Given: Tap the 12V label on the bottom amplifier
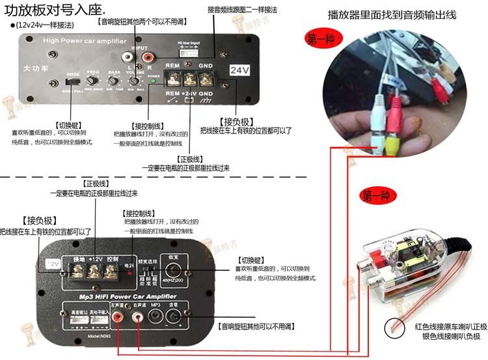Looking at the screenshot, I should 52,264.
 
